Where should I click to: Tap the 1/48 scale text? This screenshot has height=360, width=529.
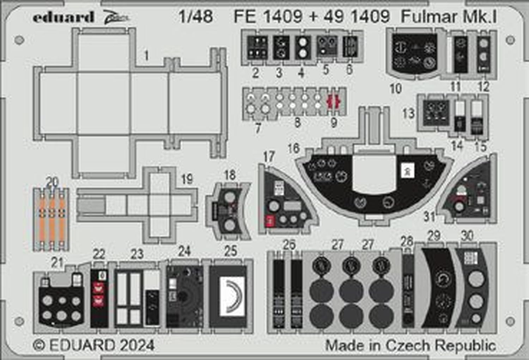(196, 17)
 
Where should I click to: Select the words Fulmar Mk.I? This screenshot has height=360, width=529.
(449, 17)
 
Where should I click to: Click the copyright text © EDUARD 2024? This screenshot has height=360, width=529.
(94, 345)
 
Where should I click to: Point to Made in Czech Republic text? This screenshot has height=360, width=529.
(411, 345)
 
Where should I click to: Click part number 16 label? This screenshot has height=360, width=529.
(293, 149)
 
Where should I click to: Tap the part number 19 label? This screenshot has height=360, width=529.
(187, 179)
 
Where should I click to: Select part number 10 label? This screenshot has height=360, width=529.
(396, 88)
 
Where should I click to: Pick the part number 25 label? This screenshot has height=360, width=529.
(230, 251)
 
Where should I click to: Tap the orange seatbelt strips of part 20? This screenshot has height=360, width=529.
(51, 219)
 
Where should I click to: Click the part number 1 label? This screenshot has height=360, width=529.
(147, 56)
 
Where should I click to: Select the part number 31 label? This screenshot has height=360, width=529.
(429, 216)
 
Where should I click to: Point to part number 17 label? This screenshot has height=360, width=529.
(269, 156)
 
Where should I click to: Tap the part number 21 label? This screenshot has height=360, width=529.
(57, 262)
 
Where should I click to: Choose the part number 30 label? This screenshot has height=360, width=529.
(467, 236)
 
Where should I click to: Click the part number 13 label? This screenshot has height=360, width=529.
(408, 114)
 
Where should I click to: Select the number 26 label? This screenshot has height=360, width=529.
(289, 244)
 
